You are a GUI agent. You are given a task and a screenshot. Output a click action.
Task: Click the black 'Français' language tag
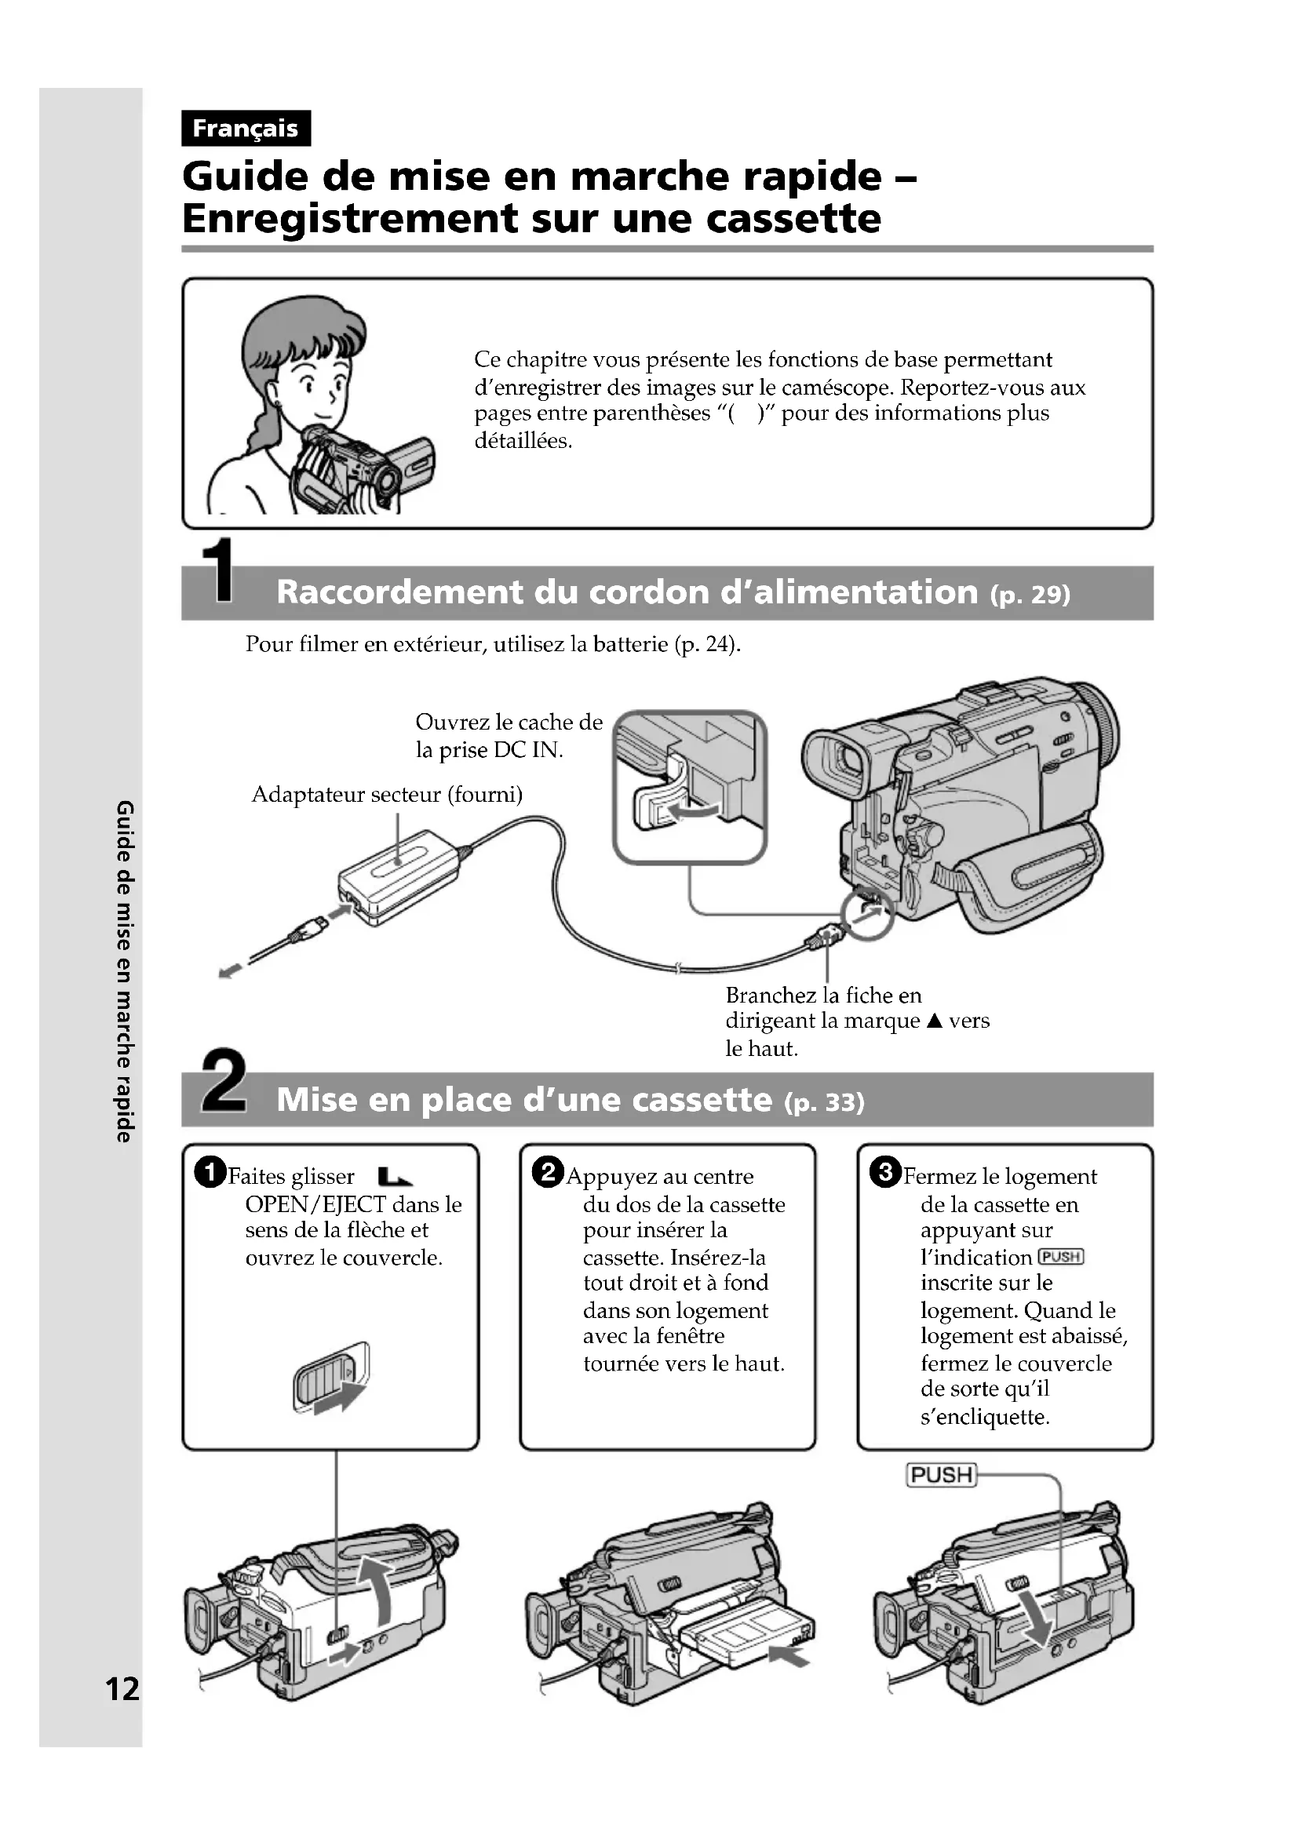pyautogui.click(x=246, y=128)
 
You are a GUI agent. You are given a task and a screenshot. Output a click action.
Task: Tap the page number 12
pyautogui.click(x=122, y=1689)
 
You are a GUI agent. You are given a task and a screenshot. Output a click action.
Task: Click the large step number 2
pyautogui.click(x=223, y=1080)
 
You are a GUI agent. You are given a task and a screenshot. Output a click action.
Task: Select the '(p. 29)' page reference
pyautogui.click(x=1030, y=595)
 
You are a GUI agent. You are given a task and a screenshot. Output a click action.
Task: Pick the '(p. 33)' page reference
pyautogui.click(x=824, y=1103)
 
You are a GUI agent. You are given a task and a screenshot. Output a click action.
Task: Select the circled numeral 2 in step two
pyautogui.click(x=549, y=1172)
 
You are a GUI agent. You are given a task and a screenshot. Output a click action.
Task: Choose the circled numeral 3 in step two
pyautogui.click(x=885, y=1172)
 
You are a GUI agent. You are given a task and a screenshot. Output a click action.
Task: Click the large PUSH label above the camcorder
pyautogui.click(x=942, y=1475)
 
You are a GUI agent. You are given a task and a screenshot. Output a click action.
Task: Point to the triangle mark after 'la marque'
pyautogui.click(x=935, y=1021)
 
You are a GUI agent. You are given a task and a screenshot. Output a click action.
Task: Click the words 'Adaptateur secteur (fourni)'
pyautogui.click(x=387, y=795)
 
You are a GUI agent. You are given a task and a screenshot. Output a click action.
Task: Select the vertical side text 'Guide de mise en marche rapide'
pyautogui.click(x=125, y=971)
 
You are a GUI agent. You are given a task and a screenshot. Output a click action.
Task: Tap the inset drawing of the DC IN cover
pyautogui.click(x=690, y=787)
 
